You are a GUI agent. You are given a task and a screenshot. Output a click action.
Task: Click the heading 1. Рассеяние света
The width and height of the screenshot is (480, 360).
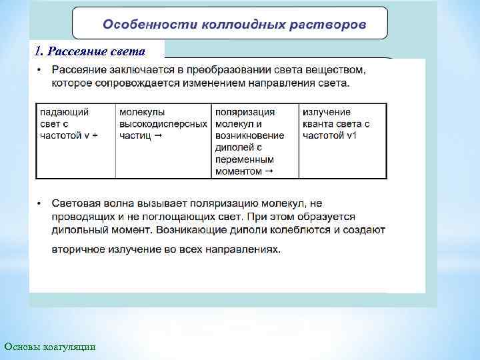pos(89,49)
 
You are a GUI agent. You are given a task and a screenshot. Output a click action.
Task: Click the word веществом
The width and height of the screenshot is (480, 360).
pos(334,70)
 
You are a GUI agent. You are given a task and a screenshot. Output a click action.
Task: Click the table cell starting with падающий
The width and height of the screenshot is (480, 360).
pos(75,124)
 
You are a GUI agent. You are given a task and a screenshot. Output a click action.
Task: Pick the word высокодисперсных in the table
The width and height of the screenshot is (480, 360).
pos(163,124)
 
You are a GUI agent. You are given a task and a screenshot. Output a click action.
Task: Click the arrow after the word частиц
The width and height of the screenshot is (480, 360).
pos(158,135)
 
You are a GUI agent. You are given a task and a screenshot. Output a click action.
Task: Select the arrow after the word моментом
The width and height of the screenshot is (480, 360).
pos(268,171)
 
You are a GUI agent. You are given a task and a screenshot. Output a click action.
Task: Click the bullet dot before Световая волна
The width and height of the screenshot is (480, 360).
pos(41,203)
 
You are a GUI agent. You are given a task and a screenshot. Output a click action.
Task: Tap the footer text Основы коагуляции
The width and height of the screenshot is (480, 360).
pos(50,346)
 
